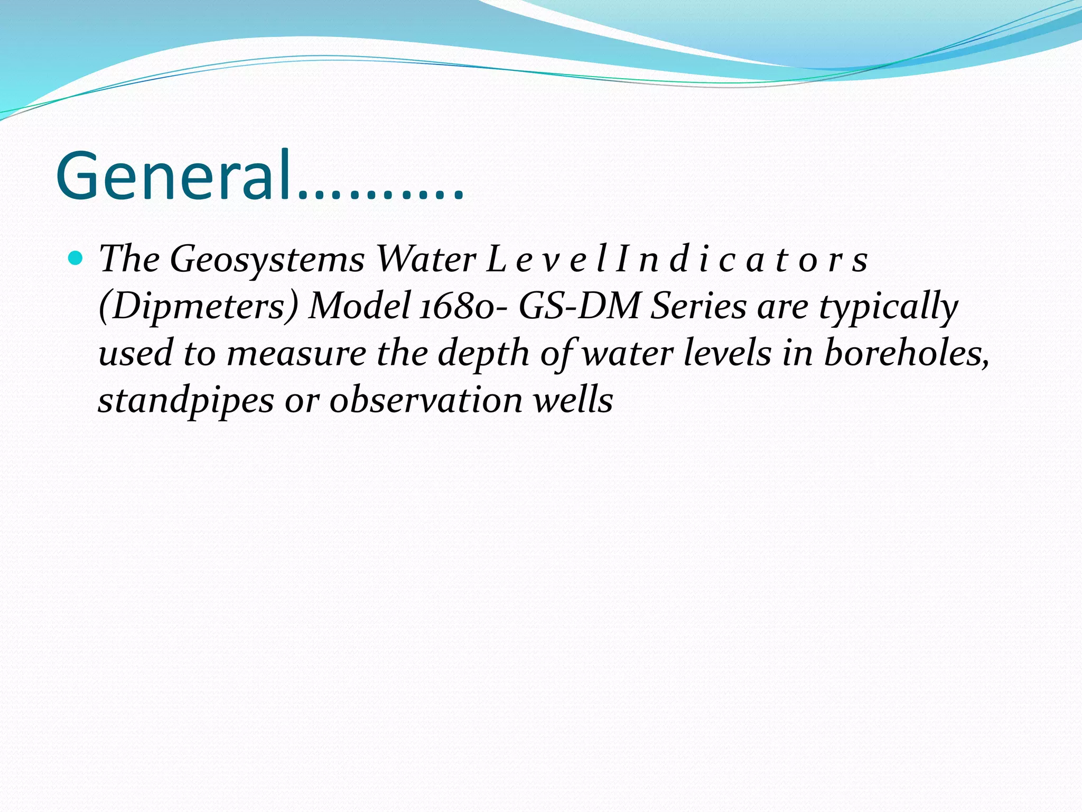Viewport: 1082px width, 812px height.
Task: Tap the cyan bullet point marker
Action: [76, 259]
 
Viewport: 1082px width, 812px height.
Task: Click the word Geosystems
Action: [267, 260]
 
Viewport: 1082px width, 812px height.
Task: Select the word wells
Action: [573, 399]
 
